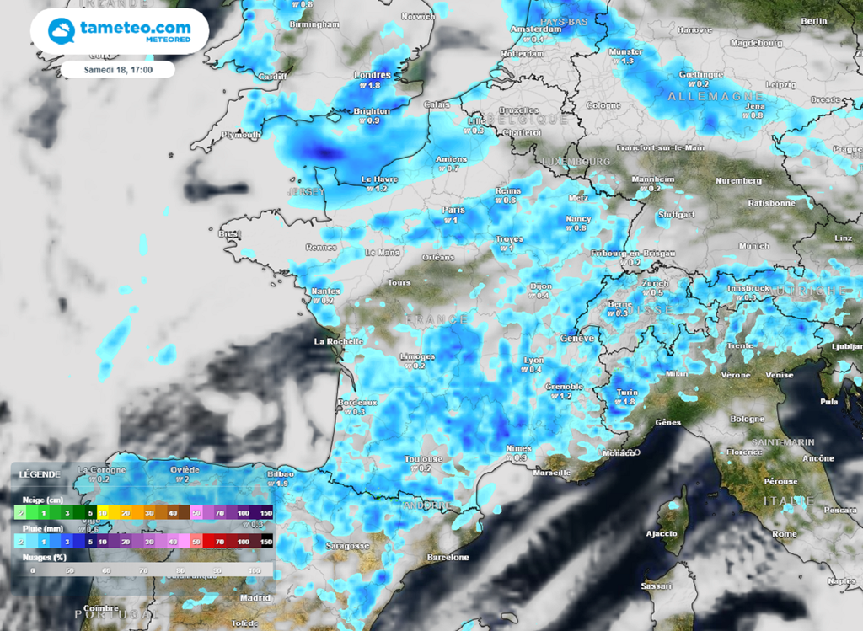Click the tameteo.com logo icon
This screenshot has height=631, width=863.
pos(62,31)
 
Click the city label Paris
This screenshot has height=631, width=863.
pos(453,210)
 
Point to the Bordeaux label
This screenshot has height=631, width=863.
pos(358,403)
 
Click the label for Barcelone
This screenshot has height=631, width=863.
pos(447,557)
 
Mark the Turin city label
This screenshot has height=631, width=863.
pos(626,392)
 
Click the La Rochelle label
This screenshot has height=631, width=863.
pos(338,341)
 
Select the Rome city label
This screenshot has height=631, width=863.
pos(784,534)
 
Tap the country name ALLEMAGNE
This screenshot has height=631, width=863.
pos(704,97)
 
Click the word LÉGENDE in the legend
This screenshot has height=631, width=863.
pos(40,474)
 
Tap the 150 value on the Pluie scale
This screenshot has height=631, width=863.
pos(267,543)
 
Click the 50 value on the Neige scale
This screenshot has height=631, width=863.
pos(196,512)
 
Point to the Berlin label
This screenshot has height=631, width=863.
pos(813,20)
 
